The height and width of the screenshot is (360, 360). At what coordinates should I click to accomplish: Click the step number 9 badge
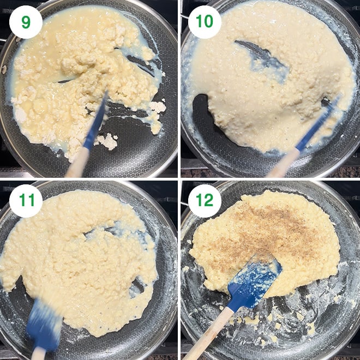click(26, 22)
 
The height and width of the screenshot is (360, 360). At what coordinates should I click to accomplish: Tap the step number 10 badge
click(205, 22)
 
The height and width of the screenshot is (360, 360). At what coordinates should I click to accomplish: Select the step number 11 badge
click(26, 201)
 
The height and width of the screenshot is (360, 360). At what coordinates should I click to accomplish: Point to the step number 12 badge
click(205, 201)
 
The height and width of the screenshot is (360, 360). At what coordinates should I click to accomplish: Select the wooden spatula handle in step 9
click(77, 163)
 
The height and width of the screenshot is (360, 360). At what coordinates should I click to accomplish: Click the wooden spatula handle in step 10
click(283, 163)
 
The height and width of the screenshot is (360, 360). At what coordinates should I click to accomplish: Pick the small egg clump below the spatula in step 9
click(107, 141)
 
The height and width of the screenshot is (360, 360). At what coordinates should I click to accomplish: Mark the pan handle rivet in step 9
click(4, 70)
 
